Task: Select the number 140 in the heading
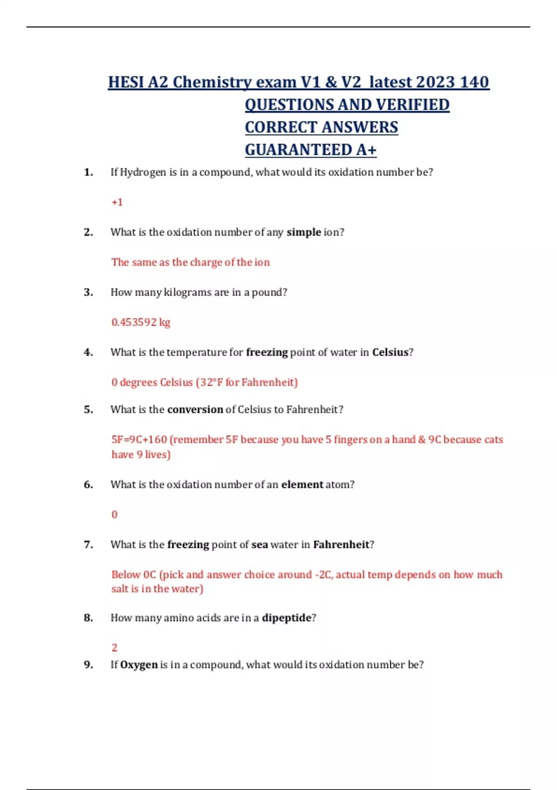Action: pyautogui.click(x=474, y=82)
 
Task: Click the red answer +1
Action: pyautogui.click(x=117, y=202)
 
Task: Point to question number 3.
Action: pyautogui.click(x=88, y=292)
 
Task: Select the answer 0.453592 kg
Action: pyautogui.click(x=141, y=322)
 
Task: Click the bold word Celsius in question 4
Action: pyautogui.click(x=390, y=352)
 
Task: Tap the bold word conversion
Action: pyautogui.click(x=195, y=409)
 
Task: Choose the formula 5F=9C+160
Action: pyautogui.click(x=139, y=440)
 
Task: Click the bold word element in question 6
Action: pyautogui.click(x=302, y=484)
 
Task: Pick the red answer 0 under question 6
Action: pyautogui.click(x=115, y=514)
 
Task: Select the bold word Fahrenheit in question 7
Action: pyautogui.click(x=341, y=544)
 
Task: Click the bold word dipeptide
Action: pyautogui.click(x=286, y=618)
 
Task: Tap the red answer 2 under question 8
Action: pyautogui.click(x=115, y=647)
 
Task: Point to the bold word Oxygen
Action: pyautogui.click(x=139, y=665)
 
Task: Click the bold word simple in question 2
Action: pyautogui.click(x=304, y=232)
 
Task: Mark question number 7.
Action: pyautogui.click(x=88, y=544)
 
